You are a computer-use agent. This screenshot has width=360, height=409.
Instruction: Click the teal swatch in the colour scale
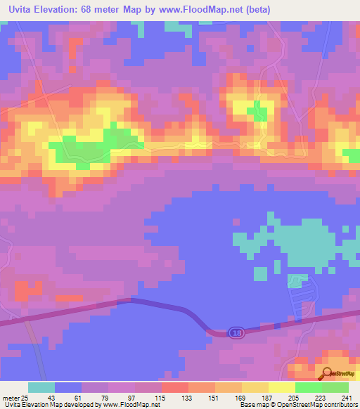(41, 388)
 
